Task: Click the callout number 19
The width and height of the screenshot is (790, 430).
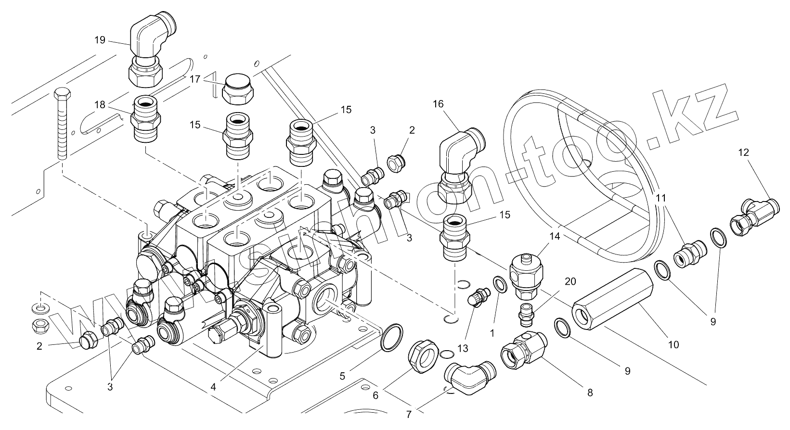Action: [x=100, y=40]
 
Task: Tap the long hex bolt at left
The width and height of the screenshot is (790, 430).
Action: [x=63, y=123]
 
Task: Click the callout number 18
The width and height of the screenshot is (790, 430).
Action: [x=100, y=105]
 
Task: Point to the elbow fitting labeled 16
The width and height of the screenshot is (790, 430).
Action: [x=461, y=167]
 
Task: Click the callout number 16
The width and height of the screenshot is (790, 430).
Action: [x=439, y=104]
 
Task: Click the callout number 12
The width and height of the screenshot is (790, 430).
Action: [x=743, y=152]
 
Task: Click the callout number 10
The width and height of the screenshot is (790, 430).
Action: [x=673, y=345]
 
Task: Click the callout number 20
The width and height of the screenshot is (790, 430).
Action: [x=570, y=281]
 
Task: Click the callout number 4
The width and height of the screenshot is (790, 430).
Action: [x=213, y=387]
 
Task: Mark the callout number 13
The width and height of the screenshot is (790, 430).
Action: [x=463, y=349]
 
